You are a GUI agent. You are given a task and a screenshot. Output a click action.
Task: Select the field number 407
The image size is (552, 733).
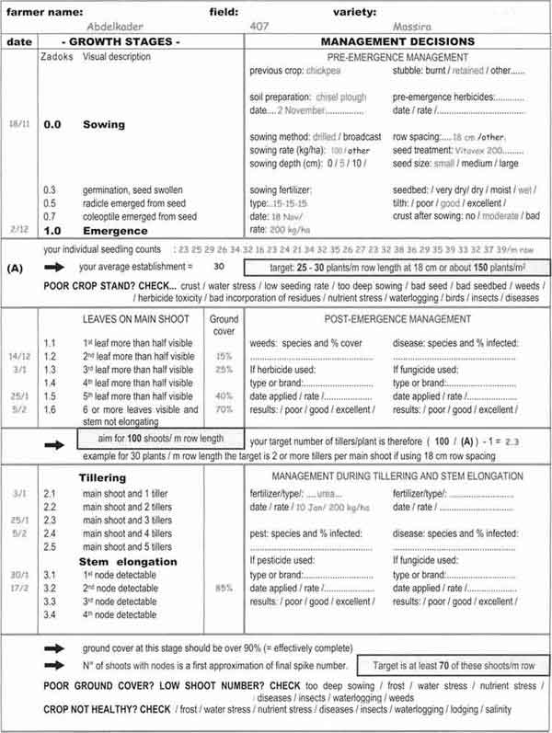click(259, 28)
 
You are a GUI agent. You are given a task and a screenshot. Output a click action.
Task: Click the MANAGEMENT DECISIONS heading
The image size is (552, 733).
click(397, 42)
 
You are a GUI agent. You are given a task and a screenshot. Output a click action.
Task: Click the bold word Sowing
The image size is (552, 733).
click(105, 124)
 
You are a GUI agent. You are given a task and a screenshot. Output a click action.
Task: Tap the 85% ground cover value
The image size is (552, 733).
click(224, 588)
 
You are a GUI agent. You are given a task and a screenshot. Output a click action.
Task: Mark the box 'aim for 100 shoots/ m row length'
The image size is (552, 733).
click(162, 440)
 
